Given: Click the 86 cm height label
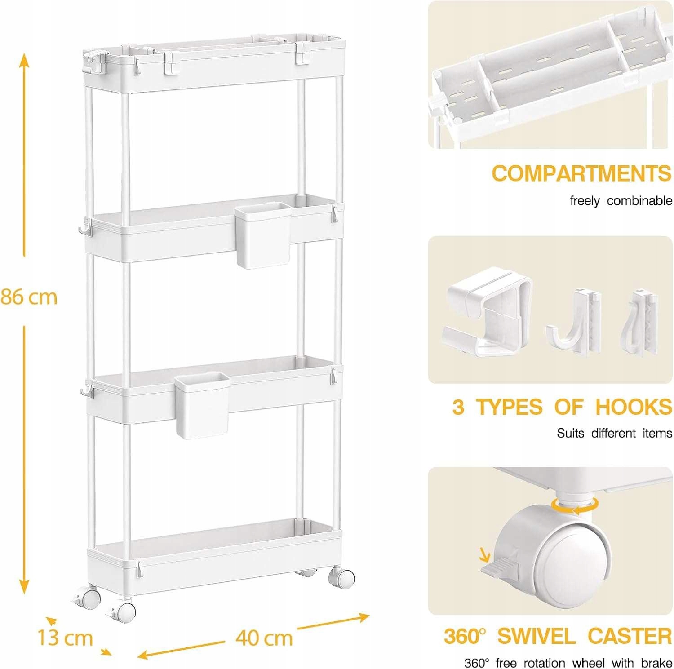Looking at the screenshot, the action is (x=29, y=297).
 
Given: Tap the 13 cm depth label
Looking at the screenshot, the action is (x=65, y=638).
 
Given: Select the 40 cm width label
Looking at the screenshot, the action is (x=264, y=638).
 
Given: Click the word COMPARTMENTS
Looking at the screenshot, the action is (x=581, y=173).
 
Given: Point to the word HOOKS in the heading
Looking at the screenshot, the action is (x=634, y=407).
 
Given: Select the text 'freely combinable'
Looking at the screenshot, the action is (x=621, y=201).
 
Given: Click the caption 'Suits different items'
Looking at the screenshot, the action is (x=614, y=433).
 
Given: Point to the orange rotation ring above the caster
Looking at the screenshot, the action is (x=576, y=506).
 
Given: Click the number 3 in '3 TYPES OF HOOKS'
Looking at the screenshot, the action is (x=458, y=407).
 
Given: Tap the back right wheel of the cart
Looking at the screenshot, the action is (x=342, y=577).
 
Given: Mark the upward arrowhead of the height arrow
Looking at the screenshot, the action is (x=24, y=61).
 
